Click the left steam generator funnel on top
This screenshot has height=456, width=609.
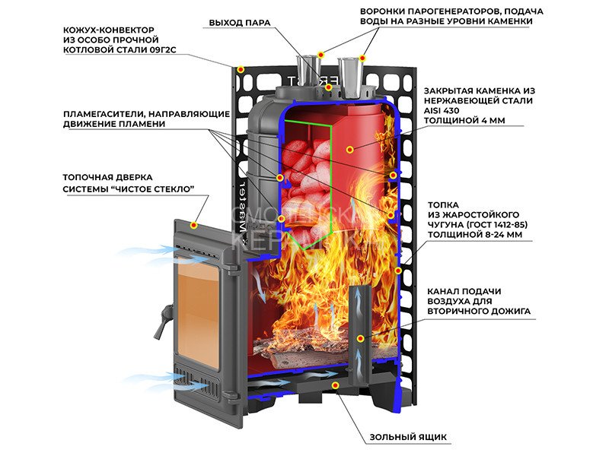click(x=309, y=71)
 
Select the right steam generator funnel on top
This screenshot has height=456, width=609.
click(x=351, y=72)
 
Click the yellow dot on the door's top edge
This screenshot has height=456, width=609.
click(x=194, y=226)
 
